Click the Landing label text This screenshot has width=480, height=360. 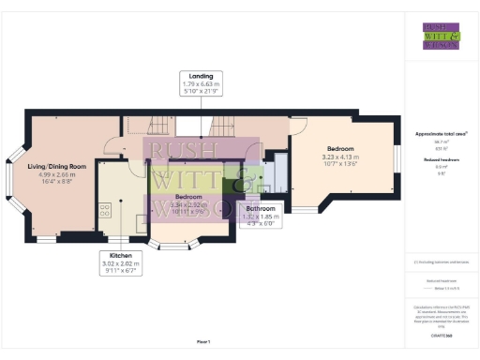point(201,76)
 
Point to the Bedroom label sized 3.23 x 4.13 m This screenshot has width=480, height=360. point(339,148)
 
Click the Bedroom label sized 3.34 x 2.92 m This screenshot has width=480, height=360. point(189,197)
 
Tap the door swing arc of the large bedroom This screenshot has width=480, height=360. point(297,128)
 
